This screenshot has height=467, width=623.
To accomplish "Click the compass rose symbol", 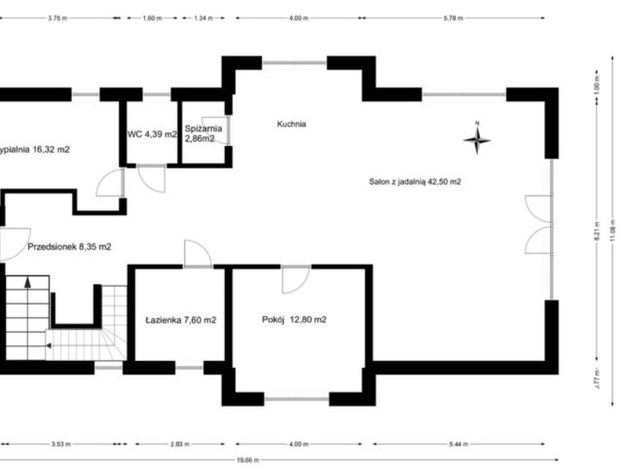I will point(477,140).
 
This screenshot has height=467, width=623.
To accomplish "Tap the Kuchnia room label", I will point(291,124).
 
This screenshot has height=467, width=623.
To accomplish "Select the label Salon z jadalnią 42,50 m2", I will point(415,181).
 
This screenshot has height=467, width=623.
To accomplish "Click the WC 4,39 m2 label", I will point(152,134).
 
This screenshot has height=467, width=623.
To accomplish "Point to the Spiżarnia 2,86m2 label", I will point(204,133).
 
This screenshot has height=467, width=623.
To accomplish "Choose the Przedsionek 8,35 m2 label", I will point(69,246).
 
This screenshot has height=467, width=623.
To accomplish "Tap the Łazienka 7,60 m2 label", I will point(180,319).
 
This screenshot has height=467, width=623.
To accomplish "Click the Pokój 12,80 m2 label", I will point(294,319).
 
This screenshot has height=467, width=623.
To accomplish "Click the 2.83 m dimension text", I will point(176,444).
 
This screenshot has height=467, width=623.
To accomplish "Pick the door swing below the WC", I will point(151,178).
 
